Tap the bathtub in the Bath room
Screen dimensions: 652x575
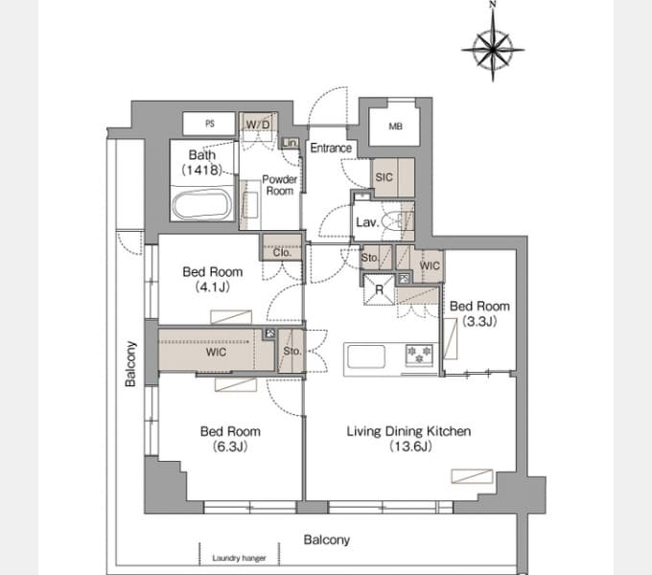pos(202,204)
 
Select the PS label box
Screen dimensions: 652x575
pos(210,124)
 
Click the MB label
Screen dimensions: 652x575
pos(395,126)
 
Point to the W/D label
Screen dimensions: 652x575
pos(258,125)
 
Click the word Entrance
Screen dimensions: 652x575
pos(331,148)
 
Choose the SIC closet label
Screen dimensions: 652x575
pos(384,177)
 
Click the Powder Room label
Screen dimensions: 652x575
pos(279,185)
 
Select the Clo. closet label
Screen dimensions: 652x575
pos(282,252)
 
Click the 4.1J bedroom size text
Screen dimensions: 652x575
pos(213,287)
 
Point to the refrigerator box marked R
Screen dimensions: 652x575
pos(379,289)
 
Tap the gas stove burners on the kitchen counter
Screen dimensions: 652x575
pos(419,356)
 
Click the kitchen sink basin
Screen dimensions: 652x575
pos(366,356)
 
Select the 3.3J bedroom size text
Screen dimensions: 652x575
pos(479,321)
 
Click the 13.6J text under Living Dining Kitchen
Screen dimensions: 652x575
pos(410,447)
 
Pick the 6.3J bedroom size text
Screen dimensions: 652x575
pos(230,447)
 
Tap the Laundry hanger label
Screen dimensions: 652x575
pos(239,558)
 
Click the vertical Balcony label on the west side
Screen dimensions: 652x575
pos(130,364)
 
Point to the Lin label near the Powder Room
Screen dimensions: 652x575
pos(290,143)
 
